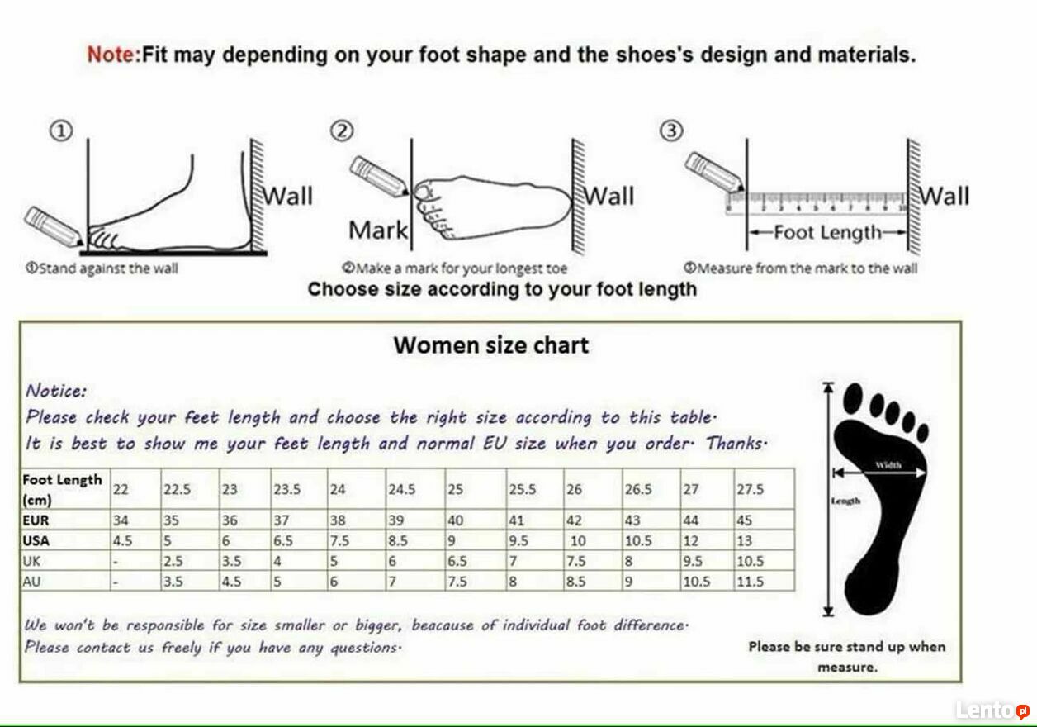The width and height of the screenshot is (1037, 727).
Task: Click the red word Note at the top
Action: (113, 55)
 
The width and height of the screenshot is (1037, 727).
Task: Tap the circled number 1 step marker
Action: (61, 131)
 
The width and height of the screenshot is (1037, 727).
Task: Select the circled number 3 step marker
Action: (671, 131)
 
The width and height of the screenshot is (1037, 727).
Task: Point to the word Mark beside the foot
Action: (378, 230)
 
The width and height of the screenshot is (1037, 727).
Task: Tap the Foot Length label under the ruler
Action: (828, 233)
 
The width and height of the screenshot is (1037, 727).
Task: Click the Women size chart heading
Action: (491, 345)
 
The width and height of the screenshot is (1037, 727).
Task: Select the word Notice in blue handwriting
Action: (56, 391)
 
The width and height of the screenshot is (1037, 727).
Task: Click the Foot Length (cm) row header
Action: (62, 489)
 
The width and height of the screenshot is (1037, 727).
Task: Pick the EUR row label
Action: (36, 520)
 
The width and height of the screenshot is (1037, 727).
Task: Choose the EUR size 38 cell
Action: (338, 520)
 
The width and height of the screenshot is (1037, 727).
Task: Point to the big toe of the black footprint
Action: (853, 398)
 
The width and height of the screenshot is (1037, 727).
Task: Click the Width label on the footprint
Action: (888, 465)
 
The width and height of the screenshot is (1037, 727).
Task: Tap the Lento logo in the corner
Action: (992, 710)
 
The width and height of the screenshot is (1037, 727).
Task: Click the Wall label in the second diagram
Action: (609, 196)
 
